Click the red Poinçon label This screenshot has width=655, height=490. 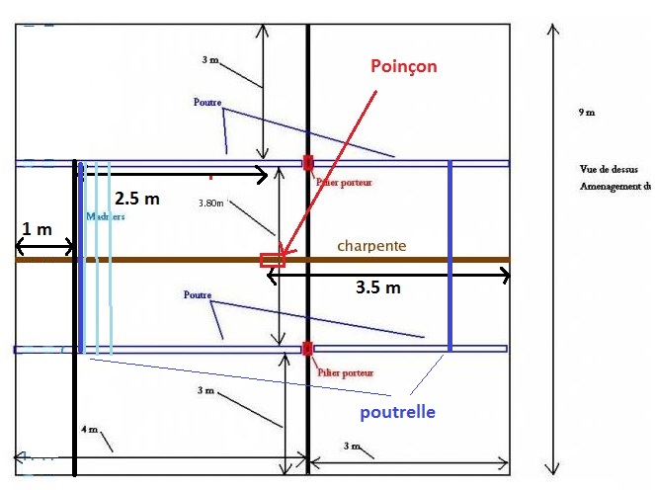click(x=403, y=66)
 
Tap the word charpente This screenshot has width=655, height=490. click(x=371, y=246)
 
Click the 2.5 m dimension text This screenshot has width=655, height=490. click(x=136, y=198)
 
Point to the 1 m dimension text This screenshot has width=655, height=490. click(x=38, y=229)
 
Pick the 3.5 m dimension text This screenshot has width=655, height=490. click(x=378, y=288)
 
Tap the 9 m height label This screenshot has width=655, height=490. click(x=587, y=114)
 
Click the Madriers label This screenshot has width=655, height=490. click(x=106, y=217)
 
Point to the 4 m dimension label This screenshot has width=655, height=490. click(x=89, y=430)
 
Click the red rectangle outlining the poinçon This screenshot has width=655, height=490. click(x=272, y=261)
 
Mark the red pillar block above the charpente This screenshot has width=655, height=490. click(x=308, y=162)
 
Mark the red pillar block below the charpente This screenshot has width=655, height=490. click(x=308, y=348)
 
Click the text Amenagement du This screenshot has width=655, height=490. click(x=615, y=187)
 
